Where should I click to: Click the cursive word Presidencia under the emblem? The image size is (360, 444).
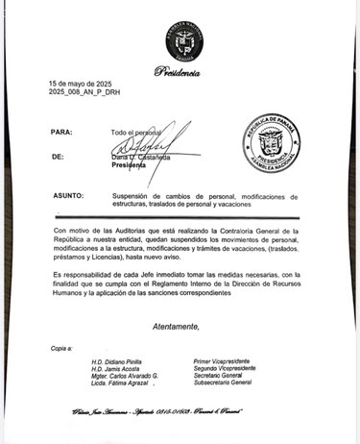(180, 72)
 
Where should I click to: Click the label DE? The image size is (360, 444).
(59, 156)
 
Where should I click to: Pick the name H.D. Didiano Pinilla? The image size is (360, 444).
(117, 358)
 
